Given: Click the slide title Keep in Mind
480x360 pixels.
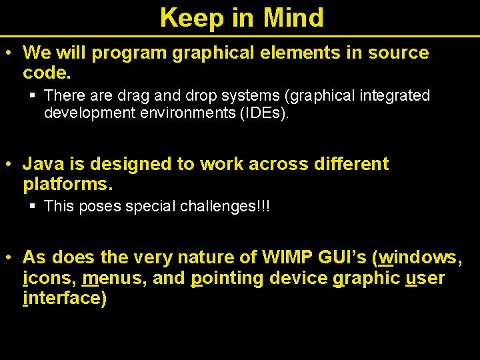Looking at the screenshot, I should pos(241,17).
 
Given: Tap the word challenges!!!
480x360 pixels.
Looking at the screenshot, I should pos(225,207).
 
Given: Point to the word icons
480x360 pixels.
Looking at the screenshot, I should pos(49,278).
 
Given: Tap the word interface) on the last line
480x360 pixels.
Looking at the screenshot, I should pos(65,298).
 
